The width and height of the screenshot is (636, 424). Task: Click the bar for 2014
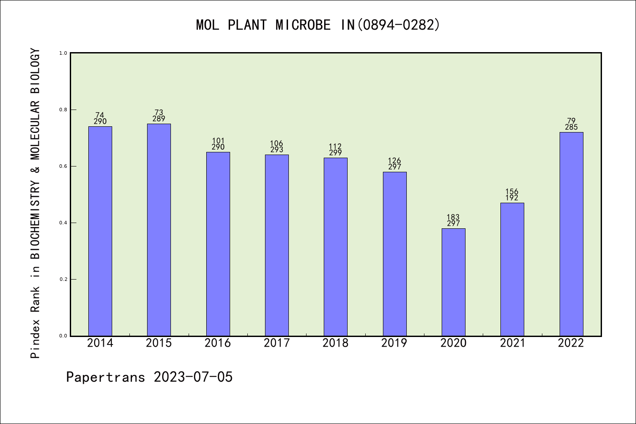100,231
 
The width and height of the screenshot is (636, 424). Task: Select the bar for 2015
159,230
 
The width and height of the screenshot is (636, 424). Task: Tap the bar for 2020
453,282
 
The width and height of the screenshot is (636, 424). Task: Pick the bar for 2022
571,234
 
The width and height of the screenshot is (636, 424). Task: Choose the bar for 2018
336,246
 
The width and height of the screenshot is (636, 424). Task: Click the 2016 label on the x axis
218,343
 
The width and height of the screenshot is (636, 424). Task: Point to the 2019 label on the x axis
394,343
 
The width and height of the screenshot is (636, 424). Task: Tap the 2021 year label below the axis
512,343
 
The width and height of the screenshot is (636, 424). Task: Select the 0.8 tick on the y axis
64,110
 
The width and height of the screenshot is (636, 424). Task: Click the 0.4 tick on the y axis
64,223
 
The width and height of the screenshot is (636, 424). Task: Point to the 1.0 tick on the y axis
64,53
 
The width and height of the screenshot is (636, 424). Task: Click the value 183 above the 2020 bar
453,217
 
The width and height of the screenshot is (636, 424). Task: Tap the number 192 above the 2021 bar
512,198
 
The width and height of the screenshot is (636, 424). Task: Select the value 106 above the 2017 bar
276,143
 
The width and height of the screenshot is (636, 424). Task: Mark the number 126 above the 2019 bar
394,161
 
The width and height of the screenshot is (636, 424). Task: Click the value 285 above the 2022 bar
571,127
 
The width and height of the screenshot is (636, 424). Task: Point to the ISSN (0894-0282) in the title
399,25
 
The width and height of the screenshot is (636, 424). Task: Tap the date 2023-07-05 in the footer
193,377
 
